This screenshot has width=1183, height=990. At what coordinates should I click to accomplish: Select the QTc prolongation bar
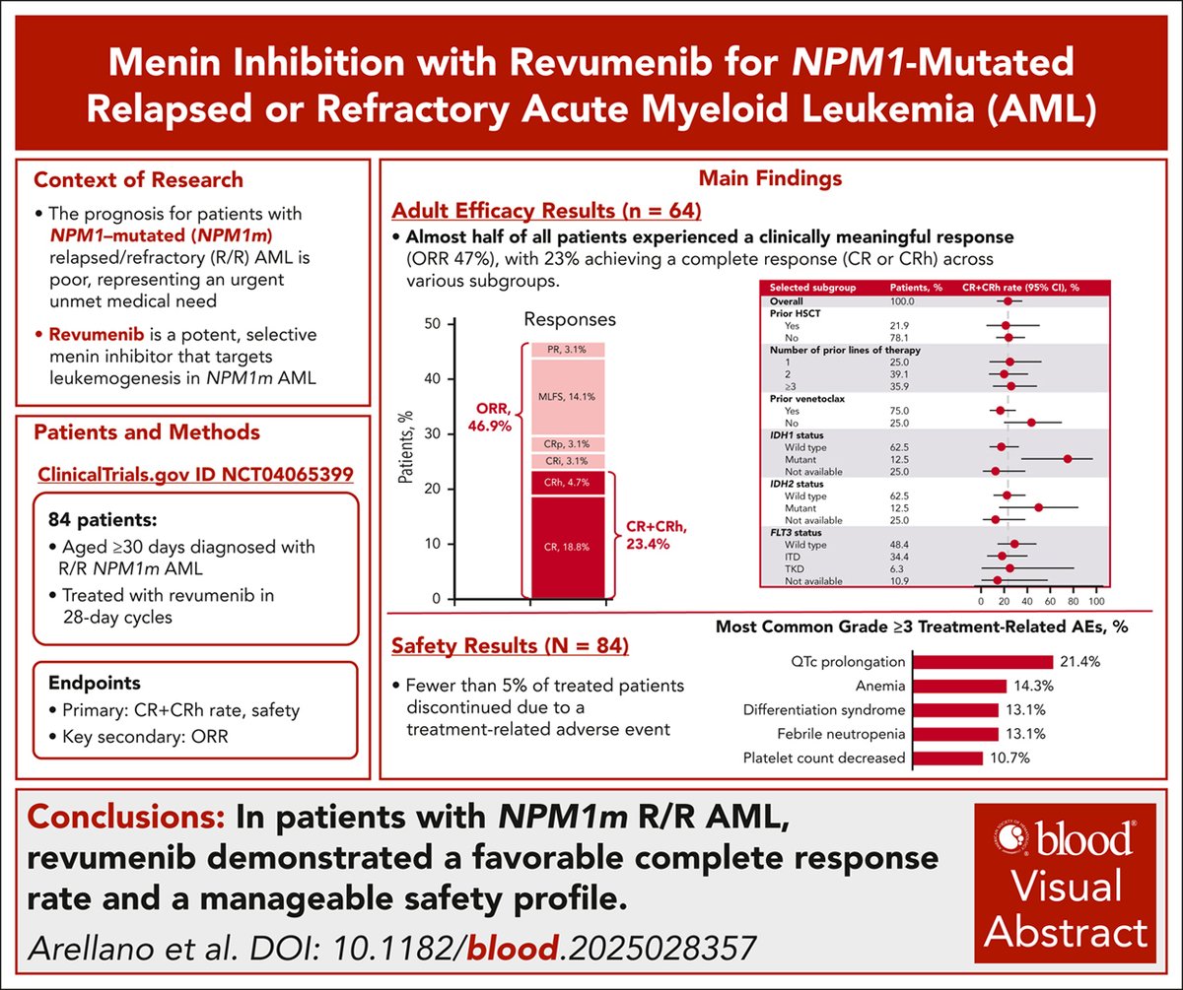click(981, 662)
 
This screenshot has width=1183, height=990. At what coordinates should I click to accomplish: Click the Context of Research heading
click(138, 180)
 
